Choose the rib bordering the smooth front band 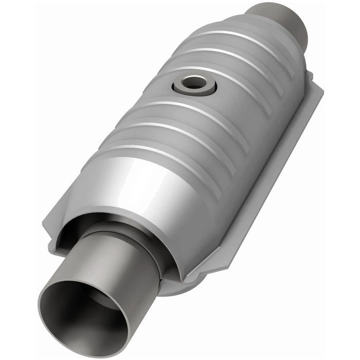click(159, 154)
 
